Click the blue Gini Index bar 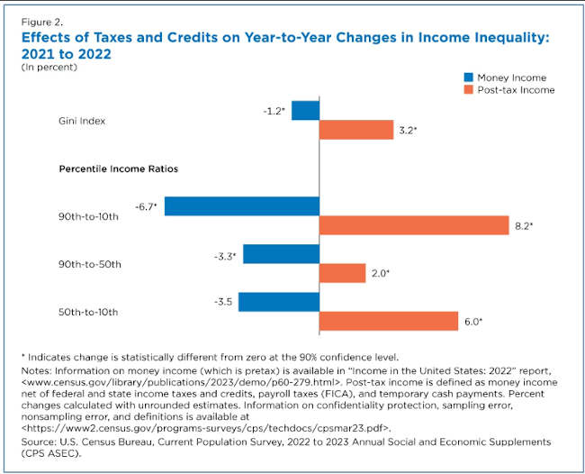tap(305, 111)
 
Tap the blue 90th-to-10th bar tap(242, 206)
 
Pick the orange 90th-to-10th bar tap(414, 226)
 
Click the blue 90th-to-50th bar tap(281, 254)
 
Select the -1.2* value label tap(273, 111)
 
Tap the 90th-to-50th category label tap(86, 264)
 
